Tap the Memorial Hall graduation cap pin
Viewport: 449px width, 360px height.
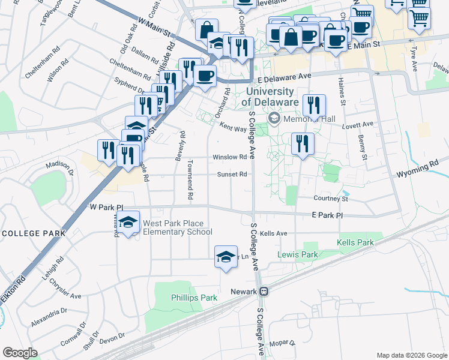pos(275,118)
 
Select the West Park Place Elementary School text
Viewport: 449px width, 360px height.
pos(177,228)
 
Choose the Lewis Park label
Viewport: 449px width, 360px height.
pos(297,254)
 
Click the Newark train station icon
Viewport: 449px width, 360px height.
pos(264,292)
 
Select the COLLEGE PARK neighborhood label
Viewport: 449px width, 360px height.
pos(33,233)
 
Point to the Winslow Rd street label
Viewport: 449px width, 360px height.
pos(230,157)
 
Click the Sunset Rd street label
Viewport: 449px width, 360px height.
pos(232,175)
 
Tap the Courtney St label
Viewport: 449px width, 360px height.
pos(331,199)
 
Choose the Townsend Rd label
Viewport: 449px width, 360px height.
pos(190,179)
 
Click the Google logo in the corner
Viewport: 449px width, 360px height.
pos(20,353)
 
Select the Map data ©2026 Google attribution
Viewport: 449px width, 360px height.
pos(411,355)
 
